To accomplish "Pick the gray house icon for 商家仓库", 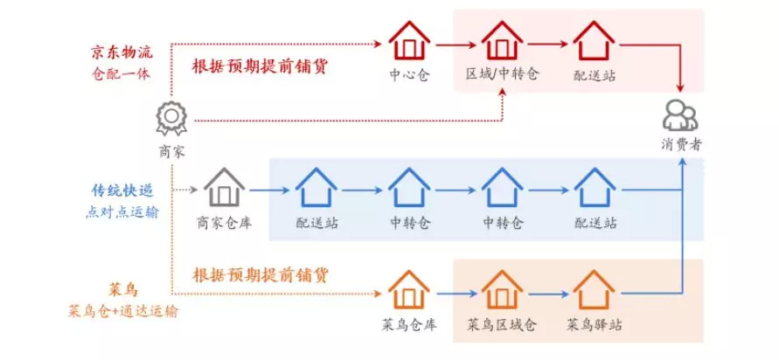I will click(x=225, y=187).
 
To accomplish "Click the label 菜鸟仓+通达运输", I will click(x=122, y=311).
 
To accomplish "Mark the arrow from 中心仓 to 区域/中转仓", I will click(x=456, y=42).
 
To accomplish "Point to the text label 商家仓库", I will click(x=225, y=223).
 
